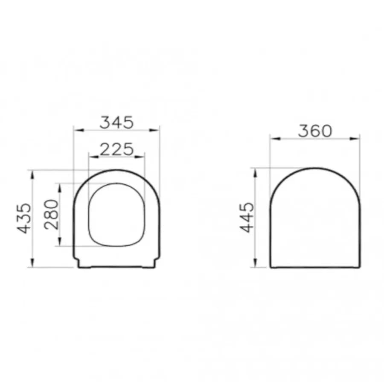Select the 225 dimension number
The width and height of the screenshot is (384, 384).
[x=117, y=149]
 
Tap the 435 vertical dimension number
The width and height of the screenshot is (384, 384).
[x=24, y=218]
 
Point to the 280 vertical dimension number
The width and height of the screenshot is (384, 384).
[x=52, y=215]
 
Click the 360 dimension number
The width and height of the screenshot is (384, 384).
[x=315, y=131]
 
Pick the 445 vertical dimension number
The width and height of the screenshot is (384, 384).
[x=247, y=217]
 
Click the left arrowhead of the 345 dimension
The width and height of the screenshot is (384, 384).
[x=79, y=130]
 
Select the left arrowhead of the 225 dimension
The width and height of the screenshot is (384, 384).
[x=93, y=157]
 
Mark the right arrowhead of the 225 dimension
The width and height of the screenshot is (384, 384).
[x=140, y=157]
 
